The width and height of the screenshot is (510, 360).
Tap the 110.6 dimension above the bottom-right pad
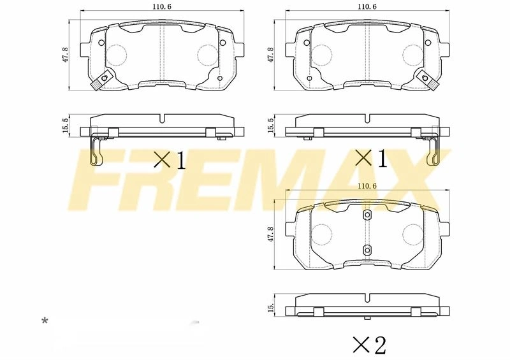pos(367,186)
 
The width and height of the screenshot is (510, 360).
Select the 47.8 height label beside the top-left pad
pos(66,54)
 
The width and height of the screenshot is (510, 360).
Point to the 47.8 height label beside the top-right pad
pos(270,54)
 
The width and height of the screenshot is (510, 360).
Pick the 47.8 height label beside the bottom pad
pos(270,234)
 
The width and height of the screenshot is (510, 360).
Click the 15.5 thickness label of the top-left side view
pos(66,125)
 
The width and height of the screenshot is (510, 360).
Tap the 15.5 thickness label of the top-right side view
pos(270,125)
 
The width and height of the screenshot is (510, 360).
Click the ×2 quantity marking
pos(370,345)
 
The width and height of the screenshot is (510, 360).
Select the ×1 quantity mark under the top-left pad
pos(170,160)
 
